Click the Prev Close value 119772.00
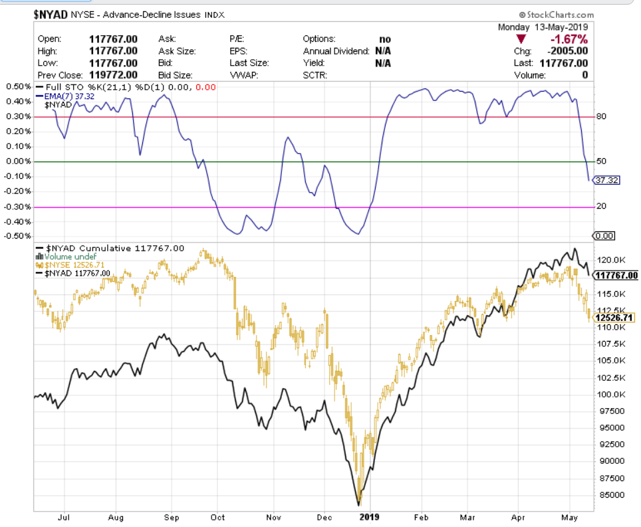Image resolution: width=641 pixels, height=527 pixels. pos(113,74)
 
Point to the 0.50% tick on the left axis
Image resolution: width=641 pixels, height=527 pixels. pos(18,87)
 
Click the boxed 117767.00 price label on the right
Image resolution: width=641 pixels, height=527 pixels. pos(616,275)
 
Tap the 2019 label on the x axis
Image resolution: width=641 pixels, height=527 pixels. pos(369,516)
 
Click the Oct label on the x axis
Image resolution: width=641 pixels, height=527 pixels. pos(217,516)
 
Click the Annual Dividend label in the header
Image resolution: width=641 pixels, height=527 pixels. pos(336,51)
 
